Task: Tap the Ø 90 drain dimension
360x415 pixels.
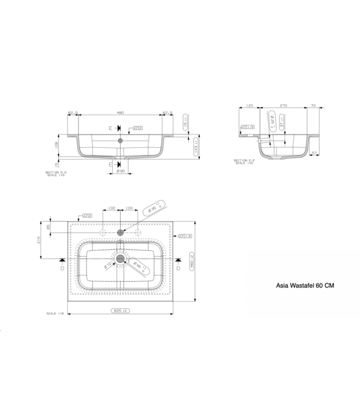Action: [x=120, y=171]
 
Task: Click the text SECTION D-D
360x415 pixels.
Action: [x=56, y=172]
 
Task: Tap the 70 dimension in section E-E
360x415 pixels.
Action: [x=313, y=104]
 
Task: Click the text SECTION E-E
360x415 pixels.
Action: [x=245, y=160]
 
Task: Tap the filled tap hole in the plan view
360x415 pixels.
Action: [x=120, y=232]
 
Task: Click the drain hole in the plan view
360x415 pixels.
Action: [x=121, y=259]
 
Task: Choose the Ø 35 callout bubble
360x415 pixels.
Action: [x=153, y=210]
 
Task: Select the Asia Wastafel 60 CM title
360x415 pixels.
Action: [x=305, y=286]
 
